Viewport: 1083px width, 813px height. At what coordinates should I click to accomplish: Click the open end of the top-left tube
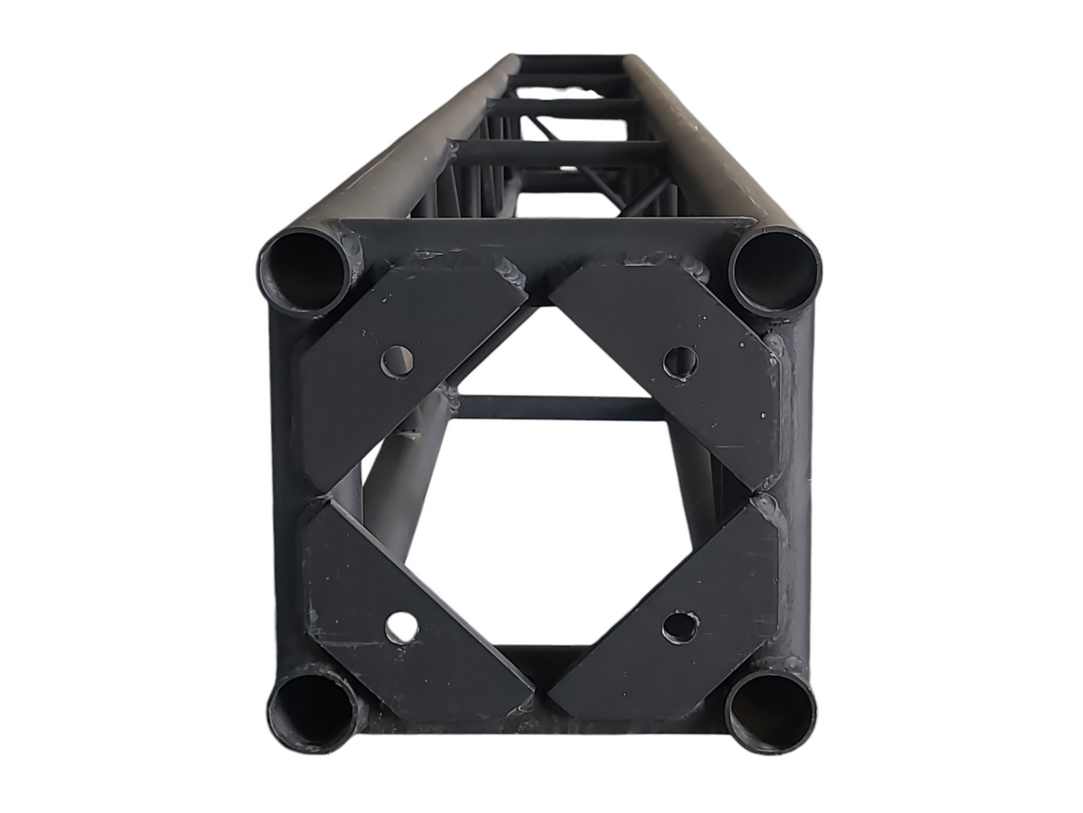(305, 271)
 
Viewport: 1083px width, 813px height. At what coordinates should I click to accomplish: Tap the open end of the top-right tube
(774, 271)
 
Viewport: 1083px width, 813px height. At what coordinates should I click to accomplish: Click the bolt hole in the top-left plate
(397, 361)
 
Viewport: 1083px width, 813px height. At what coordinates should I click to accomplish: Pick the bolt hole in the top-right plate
(680, 361)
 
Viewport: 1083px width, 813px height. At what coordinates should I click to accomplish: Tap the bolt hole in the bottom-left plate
(401, 628)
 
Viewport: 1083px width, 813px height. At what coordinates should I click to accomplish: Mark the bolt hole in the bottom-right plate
(680, 626)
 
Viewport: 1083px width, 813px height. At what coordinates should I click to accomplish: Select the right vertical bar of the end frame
(796, 491)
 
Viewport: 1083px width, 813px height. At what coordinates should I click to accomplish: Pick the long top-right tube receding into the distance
(691, 143)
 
